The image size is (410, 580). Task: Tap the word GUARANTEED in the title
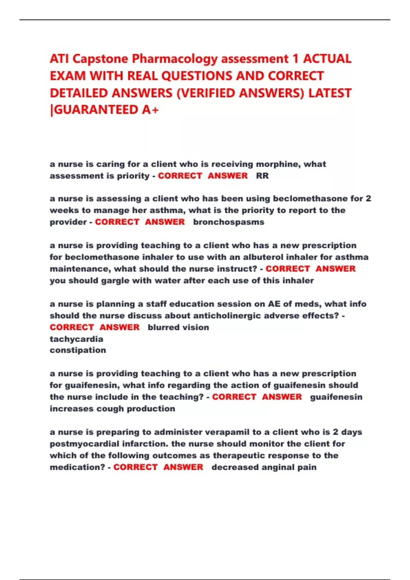pos(96,110)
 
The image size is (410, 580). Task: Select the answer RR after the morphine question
pos(262,176)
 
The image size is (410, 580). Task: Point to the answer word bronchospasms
pos(229,222)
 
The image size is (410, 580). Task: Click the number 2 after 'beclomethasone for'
pos(368,199)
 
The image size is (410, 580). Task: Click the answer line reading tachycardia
pos(77,339)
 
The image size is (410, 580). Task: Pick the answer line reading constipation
pos(78,350)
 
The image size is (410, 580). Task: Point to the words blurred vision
pos(178,328)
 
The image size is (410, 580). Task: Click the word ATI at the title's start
pos(59,59)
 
